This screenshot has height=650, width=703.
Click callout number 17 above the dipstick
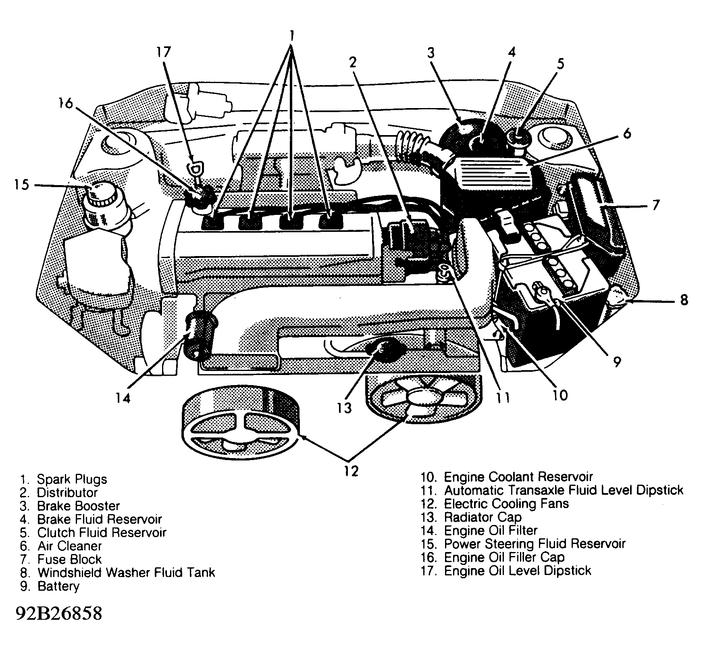[164, 52]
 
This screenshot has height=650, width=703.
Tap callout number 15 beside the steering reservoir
[22, 185]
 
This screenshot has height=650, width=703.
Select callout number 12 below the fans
[351, 471]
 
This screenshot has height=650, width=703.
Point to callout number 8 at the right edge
[684, 300]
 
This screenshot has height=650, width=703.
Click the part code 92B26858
[59, 613]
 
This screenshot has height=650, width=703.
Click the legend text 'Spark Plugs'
[72, 479]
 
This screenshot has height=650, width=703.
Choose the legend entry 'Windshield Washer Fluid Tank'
[126, 573]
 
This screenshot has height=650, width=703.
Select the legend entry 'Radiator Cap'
[483, 517]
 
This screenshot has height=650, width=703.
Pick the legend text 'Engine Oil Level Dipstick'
[517, 571]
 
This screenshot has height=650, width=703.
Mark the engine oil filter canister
[198, 333]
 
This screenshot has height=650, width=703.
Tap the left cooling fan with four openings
[241, 429]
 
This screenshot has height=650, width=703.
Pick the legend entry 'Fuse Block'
[69, 559]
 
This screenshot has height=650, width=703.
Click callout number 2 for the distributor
[353, 62]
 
